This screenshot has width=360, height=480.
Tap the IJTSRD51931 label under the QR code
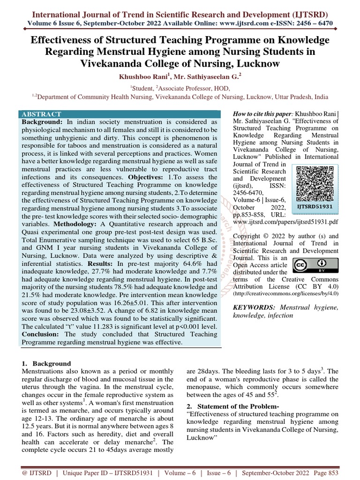point(314,206)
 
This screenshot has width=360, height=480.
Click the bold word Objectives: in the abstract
point(146,178)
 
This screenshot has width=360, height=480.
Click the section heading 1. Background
point(47,363)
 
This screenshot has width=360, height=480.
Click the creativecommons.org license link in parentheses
point(285,293)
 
